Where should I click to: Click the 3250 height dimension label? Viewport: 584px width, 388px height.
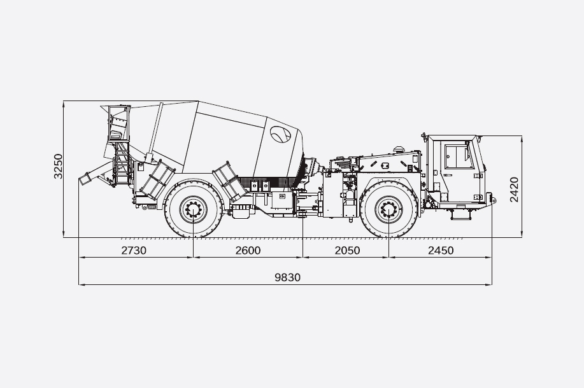coord(58,166)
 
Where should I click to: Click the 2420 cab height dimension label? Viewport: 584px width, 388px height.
coord(514,190)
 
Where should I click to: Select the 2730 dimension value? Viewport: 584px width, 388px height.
coord(134,251)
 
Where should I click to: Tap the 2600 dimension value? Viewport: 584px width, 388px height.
coord(248,251)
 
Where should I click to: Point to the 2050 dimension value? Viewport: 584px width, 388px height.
coord(347,251)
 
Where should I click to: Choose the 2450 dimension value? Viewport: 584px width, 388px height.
coord(441,251)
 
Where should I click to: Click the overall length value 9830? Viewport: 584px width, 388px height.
coord(287,277)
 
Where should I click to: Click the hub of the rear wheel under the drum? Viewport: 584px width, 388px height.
coord(194,210)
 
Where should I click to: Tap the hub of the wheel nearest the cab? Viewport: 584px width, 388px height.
coord(388,210)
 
